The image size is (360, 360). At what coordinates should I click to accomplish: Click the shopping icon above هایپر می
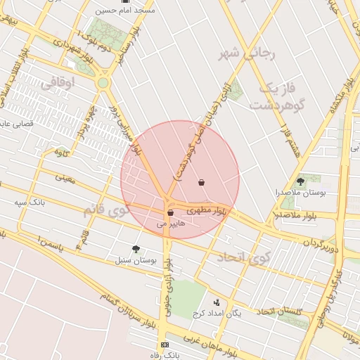point(171,212)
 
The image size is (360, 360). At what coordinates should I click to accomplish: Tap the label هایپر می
point(171,222)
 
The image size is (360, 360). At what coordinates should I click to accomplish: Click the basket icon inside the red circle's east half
point(202,182)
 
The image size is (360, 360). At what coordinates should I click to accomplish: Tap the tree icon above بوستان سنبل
point(136,249)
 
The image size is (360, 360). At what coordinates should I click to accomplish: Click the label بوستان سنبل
point(136,260)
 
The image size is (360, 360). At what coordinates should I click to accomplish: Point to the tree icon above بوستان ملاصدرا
point(301,181)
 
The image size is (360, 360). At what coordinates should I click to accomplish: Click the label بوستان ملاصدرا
point(301,192)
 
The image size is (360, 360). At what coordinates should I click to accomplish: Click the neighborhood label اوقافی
point(57,83)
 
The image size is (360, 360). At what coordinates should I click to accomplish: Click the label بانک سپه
point(30,202)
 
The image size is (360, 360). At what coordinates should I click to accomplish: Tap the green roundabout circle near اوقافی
point(103,83)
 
